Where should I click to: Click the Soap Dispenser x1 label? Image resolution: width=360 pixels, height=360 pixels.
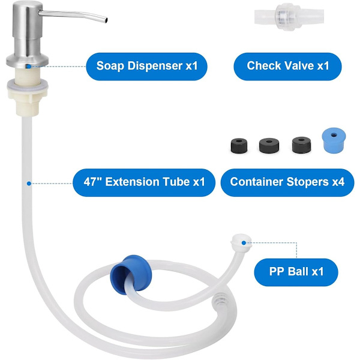pos(147,67)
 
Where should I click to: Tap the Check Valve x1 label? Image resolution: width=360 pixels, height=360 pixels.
pos(287,67)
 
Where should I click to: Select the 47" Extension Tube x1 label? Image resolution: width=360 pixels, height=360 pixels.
pos(144,182)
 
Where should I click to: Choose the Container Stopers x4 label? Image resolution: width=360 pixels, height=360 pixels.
pos(287,182)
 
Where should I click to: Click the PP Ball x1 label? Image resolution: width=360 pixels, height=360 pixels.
pos(296,272)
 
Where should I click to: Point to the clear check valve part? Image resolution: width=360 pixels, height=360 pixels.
pos(289,17)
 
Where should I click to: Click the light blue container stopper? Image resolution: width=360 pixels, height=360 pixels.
pos(334,140)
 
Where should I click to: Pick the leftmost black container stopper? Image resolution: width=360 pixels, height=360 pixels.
pos(239,145)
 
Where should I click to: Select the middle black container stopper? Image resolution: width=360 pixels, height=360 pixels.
pos(269,145)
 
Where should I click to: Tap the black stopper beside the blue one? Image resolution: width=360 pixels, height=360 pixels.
pos(301,145)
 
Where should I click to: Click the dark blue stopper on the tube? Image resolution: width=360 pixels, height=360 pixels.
pos(131,275)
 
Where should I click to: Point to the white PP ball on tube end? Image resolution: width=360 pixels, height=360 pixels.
pos(241,243)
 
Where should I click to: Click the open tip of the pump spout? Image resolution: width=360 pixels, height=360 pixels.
pos(106,20)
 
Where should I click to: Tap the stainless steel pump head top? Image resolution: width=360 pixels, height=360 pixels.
pos(28,6)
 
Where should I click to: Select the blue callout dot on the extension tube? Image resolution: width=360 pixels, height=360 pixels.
pos(29,184)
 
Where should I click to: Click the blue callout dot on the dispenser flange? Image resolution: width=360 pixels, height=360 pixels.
pos(28,67)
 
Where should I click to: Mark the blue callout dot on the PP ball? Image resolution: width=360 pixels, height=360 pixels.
pos(244,243)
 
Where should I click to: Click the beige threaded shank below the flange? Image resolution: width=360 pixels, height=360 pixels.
pos(28,74)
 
